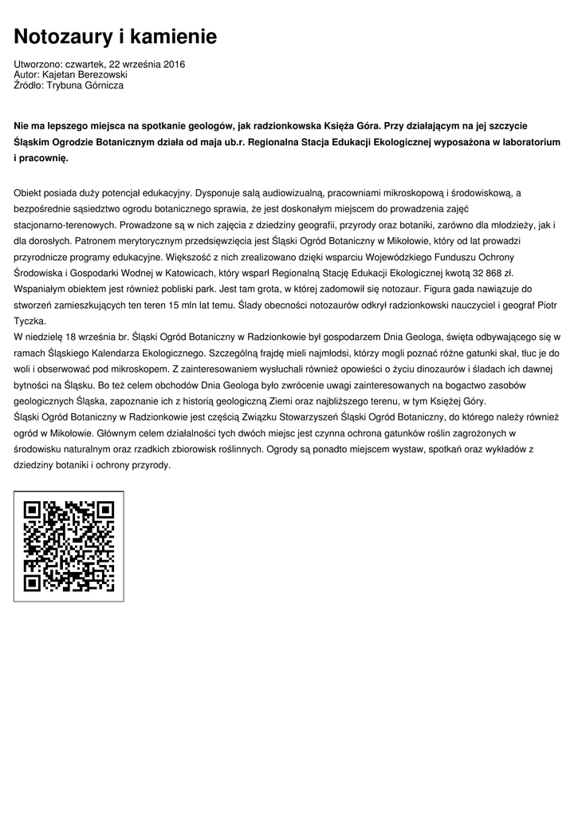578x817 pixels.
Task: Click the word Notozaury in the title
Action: pos(65,37)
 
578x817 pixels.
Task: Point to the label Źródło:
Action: pos(29,85)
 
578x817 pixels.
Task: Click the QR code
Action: pos(69,546)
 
